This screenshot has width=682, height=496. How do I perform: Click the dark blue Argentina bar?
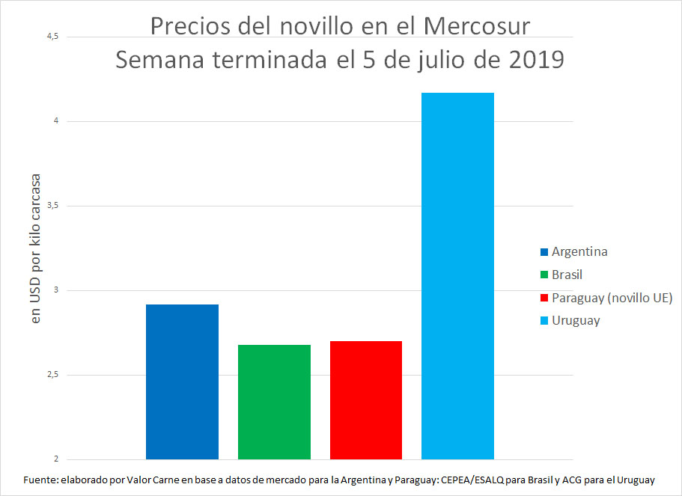[x=182, y=382]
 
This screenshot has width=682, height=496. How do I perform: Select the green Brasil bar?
[x=274, y=402]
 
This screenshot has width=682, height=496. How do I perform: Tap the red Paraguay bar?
[x=366, y=399]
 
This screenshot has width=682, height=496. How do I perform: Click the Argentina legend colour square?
[x=544, y=251]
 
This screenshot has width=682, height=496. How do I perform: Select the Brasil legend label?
[x=567, y=275]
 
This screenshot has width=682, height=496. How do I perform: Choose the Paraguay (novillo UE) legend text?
[x=612, y=298]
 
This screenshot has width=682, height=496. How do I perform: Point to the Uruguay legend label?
[x=576, y=321]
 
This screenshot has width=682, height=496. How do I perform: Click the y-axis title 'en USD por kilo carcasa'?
[x=35, y=248]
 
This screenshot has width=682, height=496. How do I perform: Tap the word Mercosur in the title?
[x=476, y=26]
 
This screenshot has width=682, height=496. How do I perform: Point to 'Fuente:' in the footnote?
[x=42, y=480]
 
